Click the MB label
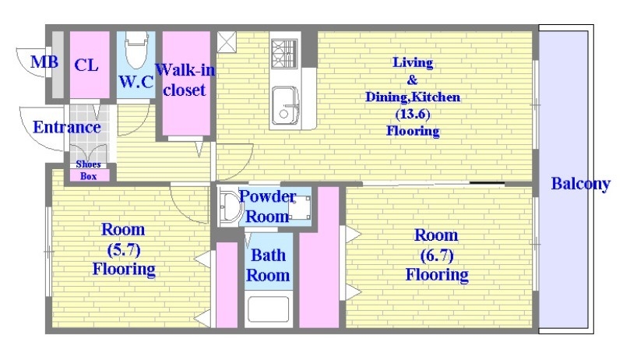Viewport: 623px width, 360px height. point(44,62)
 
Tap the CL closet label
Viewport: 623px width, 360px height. point(86,65)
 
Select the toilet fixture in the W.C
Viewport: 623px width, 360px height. point(136,51)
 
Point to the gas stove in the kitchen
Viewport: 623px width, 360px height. point(284,54)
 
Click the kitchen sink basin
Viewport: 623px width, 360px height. point(285,105)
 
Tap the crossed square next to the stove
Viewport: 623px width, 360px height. point(227,42)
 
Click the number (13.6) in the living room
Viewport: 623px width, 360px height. point(413,114)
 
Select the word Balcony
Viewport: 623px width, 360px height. point(580,184)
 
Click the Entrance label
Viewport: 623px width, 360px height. point(67,127)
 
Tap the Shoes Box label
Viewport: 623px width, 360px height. point(88,170)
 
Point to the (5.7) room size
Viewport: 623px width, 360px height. point(124,250)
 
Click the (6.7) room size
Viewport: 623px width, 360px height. point(437,256)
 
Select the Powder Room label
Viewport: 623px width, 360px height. point(267,206)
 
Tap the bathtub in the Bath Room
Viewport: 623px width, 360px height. point(269,309)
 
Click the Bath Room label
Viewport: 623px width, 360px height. point(268,265)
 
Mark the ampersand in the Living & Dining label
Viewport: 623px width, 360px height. point(413,79)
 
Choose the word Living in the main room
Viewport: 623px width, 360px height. point(413,63)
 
